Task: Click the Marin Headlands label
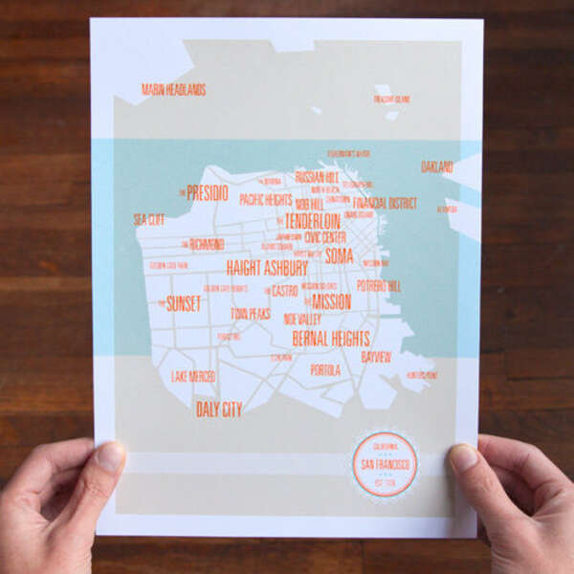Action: pos(173,90)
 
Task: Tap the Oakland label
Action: pos(436,166)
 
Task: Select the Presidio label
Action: pos(207,192)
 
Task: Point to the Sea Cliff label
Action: pos(148,219)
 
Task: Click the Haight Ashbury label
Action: pos(267,268)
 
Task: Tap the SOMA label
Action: pos(339,255)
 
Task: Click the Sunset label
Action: pos(183,304)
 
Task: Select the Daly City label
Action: pos(218,409)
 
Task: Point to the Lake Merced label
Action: pos(193,377)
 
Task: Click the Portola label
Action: pos(325,369)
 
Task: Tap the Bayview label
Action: pos(376,357)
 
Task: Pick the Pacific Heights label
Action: pos(265,200)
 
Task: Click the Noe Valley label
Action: pos(302,319)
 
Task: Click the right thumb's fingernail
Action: pos(465,457)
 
